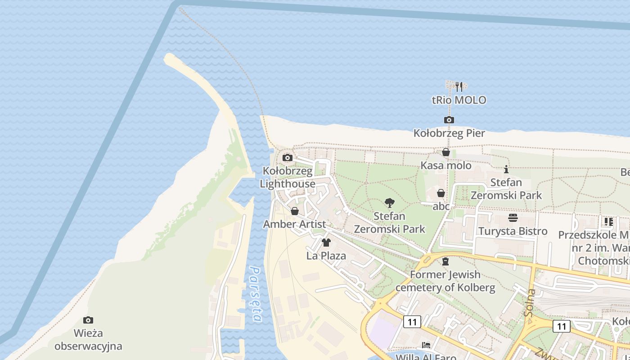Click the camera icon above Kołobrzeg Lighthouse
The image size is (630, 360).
(x=287, y=157)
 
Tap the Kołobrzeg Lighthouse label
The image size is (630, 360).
(x=288, y=178)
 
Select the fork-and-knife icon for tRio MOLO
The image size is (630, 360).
(x=459, y=86)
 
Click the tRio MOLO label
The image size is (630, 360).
(x=459, y=100)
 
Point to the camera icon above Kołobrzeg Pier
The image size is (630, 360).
(x=449, y=120)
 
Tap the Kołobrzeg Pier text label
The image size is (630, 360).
(x=449, y=133)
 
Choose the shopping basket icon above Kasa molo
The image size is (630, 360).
(x=445, y=153)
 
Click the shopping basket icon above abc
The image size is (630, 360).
(x=441, y=193)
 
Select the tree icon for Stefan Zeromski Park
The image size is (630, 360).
(x=390, y=203)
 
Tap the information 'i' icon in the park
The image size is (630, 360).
(x=506, y=169)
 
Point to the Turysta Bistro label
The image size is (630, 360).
(x=513, y=231)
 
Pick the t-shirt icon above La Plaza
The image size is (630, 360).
(x=326, y=243)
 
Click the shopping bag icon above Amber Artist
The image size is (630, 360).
(x=295, y=211)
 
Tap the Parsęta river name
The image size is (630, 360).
(x=256, y=295)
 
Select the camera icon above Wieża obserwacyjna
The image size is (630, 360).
(x=88, y=320)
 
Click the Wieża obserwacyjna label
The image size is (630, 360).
(x=88, y=340)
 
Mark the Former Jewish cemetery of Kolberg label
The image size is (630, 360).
(x=445, y=281)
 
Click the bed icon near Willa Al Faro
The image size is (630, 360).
(x=426, y=345)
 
